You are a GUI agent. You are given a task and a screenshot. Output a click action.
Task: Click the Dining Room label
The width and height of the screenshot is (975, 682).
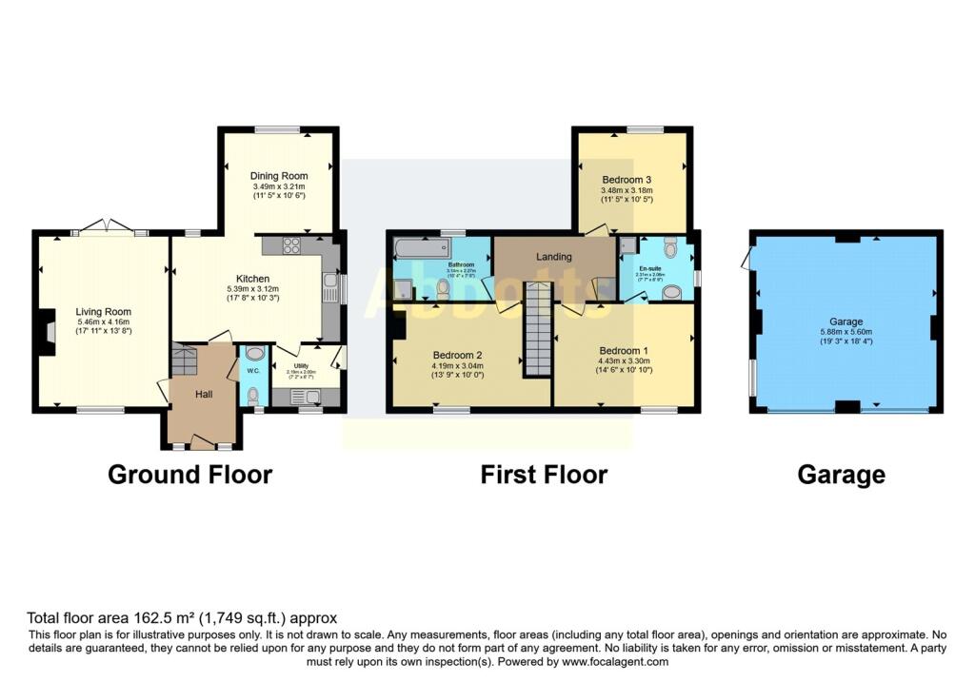click(x=279, y=176)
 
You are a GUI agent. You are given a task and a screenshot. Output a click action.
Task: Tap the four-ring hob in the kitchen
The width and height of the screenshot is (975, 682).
click(x=291, y=245)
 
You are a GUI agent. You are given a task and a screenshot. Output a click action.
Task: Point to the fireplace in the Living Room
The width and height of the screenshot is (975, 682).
click(x=44, y=336)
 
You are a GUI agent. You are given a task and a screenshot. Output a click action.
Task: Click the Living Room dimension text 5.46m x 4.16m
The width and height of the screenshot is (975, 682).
click(x=104, y=322)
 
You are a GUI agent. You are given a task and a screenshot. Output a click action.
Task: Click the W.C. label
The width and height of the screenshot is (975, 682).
click(x=253, y=371)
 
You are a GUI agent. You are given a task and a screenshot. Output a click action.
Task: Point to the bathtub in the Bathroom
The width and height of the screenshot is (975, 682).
click(x=420, y=250)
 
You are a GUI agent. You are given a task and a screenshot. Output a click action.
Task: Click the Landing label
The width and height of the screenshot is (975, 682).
click(x=554, y=257)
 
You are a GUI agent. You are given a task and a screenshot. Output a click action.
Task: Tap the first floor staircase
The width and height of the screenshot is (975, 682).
click(x=538, y=329)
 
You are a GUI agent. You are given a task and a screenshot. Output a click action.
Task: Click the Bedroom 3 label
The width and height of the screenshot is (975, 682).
click(x=626, y=179)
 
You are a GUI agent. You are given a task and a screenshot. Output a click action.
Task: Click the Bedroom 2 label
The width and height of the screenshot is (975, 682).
click(x=457, y=354)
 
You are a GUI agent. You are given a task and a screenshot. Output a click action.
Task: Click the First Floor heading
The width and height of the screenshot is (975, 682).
click(x=544, y=475)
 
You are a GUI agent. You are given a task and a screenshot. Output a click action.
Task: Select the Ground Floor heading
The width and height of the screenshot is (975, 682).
click(x=189, y=475)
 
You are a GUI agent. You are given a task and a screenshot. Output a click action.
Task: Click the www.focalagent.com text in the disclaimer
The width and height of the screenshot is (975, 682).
click(x=615, y=662)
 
